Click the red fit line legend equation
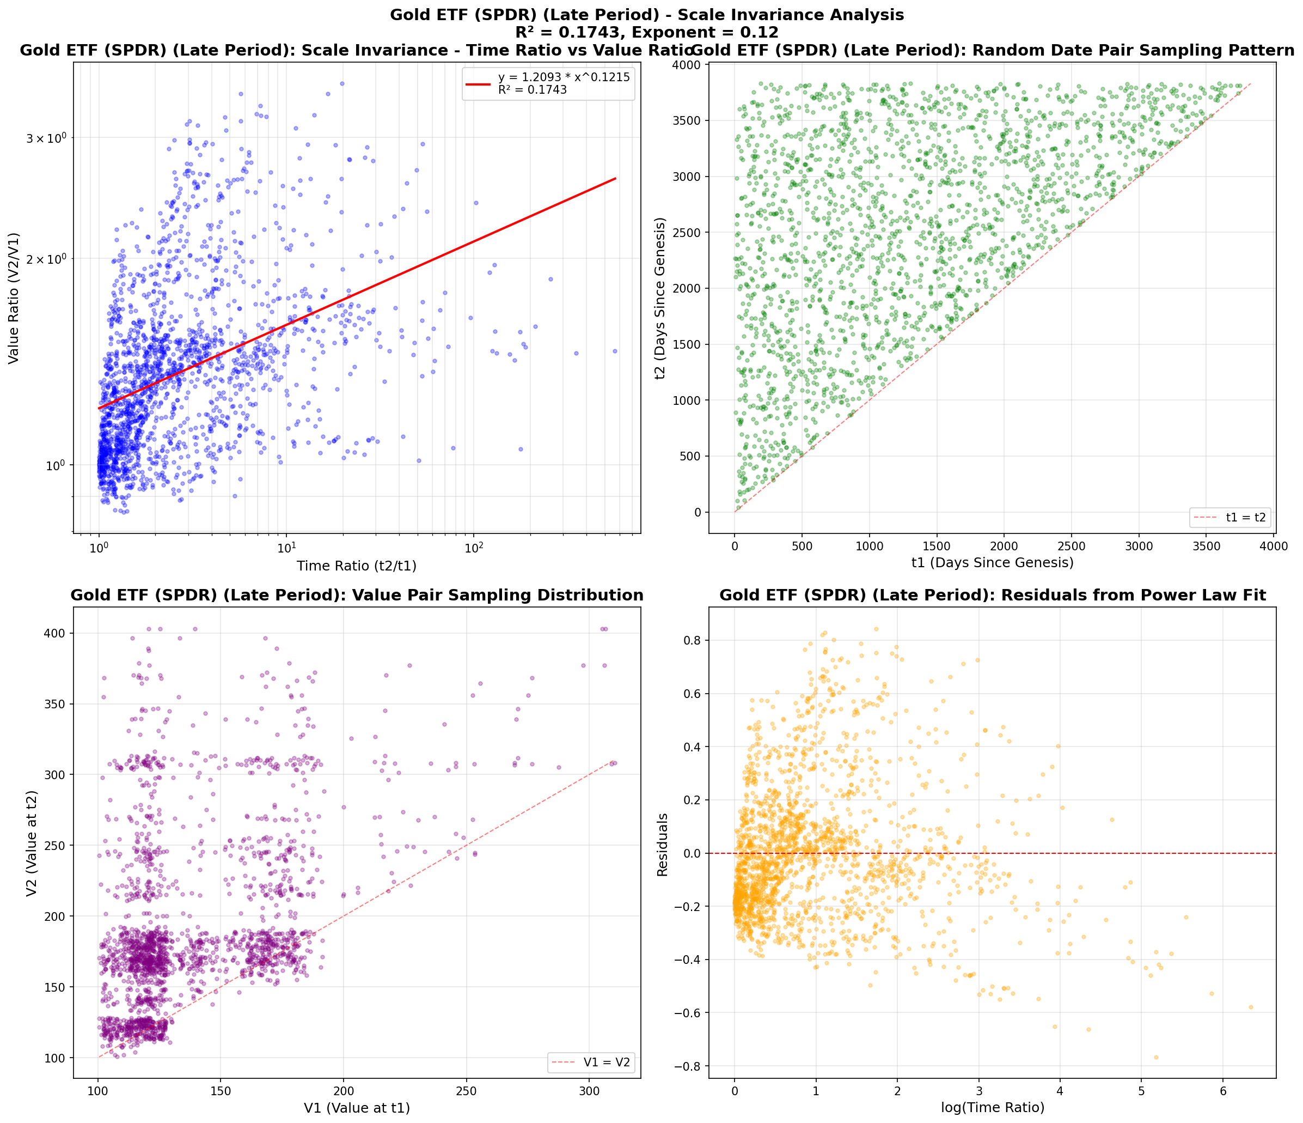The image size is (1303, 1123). tap(564, 77)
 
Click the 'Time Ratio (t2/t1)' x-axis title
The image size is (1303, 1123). tap(357, 566)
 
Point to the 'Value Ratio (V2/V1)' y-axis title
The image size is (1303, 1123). tap(14, 298)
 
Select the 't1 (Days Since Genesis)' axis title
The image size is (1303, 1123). tap(992, 562)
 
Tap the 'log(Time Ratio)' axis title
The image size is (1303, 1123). tap(992, 1107)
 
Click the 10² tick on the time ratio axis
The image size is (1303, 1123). tap(474, 548)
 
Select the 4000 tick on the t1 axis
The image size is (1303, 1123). tap(1274, 546)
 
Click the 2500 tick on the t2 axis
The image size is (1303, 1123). tap(687, 233)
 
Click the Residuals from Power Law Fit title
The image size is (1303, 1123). tap(992, 595)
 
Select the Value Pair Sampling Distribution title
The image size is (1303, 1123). tap(357, 595)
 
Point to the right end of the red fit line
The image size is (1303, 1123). tap(615, 179)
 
